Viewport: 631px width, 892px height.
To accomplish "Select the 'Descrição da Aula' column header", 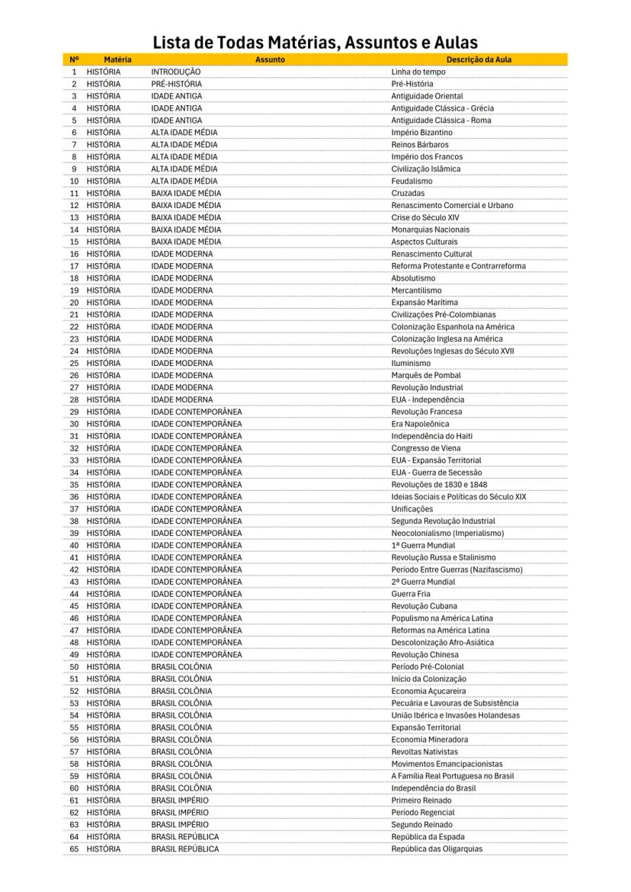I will tap(479, 59).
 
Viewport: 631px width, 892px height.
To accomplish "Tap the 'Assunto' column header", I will tap(270, 59).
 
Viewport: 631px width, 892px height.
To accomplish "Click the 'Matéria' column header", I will tap(117, 59).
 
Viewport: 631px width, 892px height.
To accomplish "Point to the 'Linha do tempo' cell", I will tap(418, 72).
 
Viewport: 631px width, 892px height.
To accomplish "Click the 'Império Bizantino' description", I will tap(421, 133).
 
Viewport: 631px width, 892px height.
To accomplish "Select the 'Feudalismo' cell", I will tap(412, 181).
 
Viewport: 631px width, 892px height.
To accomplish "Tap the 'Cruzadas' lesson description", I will tap(408, 194).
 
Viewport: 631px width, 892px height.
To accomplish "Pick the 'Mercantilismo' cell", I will tap(416, 290).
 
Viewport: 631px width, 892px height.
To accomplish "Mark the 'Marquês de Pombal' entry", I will tap(426, 375).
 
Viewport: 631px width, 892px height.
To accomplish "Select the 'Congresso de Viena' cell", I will tap(426, 448).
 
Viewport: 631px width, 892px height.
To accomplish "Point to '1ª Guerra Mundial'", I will tap(423, 545).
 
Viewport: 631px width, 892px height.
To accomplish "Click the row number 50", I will tap(75, 666).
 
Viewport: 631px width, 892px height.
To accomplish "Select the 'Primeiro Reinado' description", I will tap(421, 801).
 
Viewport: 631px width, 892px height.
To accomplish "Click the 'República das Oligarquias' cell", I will tap(437, 849).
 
